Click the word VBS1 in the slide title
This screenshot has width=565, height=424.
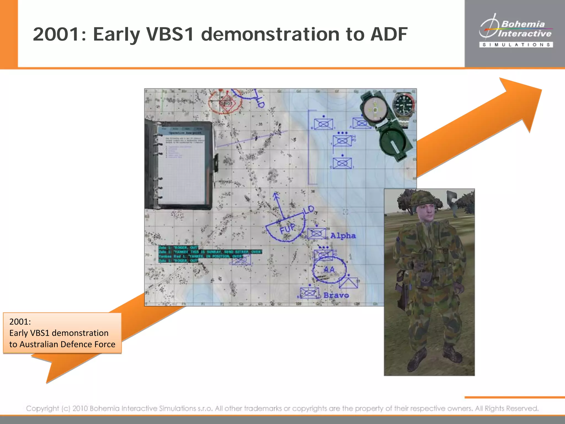coord(170,34)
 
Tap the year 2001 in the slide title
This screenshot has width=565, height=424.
coord(57,34)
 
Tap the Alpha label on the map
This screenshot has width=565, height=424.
coord(343,236)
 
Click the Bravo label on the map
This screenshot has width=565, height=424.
coord(336,295)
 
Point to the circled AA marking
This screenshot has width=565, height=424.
coord(329,269)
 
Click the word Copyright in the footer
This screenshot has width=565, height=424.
coord(42,408)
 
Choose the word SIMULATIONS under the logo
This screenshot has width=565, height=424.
coord(516,45)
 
